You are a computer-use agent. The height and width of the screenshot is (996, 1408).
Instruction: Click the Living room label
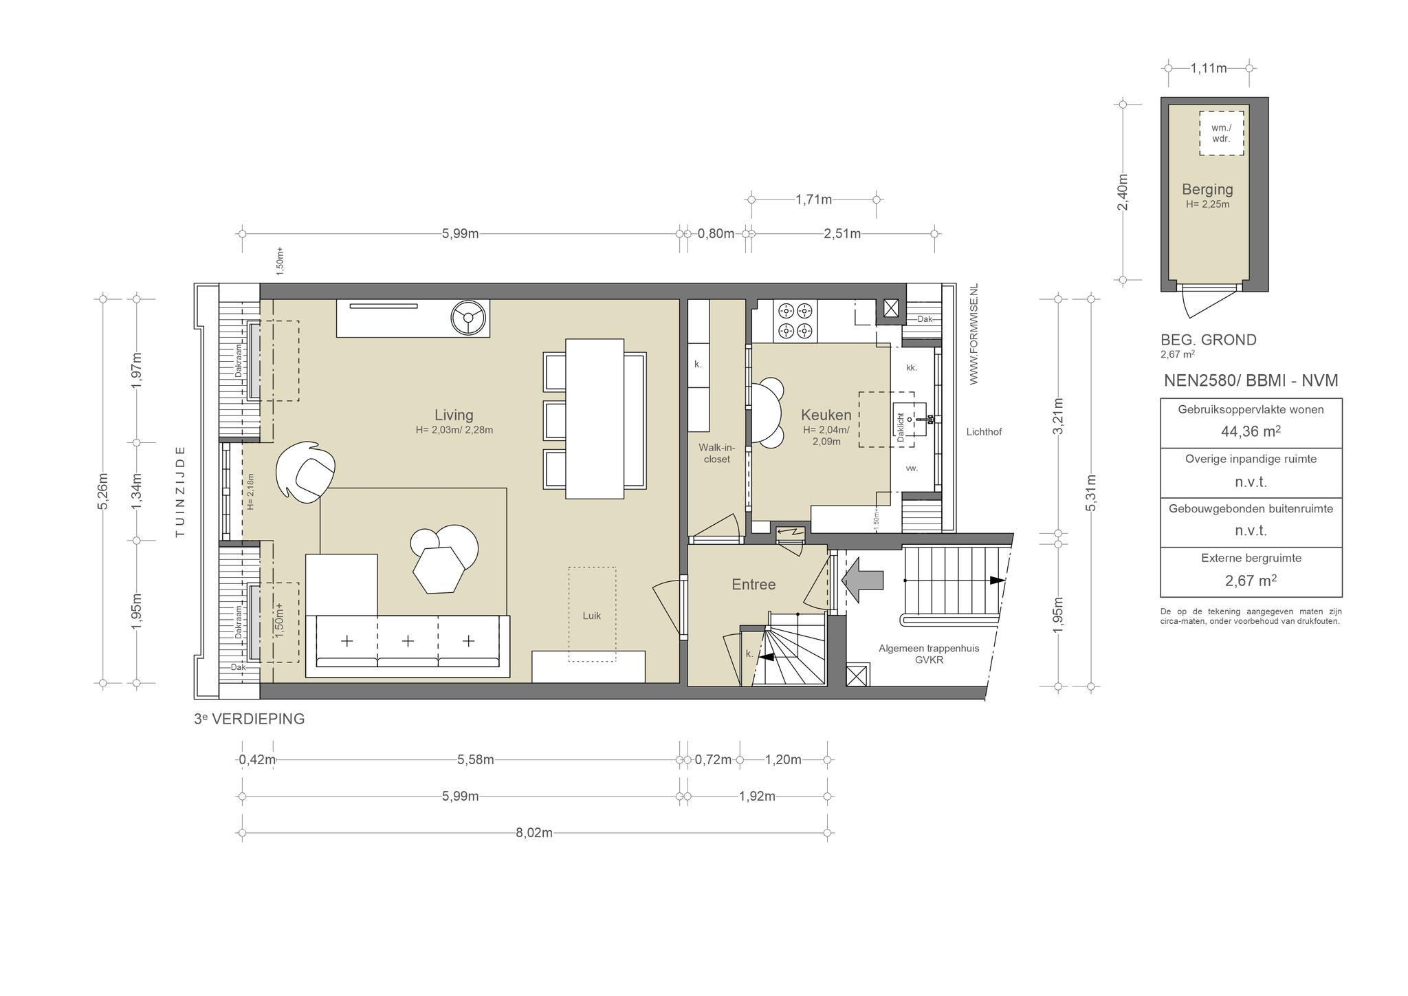(454, 415)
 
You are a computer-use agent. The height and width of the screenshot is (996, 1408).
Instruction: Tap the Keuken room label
(826, 415)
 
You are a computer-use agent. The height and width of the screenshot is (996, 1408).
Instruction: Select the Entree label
(753, 585)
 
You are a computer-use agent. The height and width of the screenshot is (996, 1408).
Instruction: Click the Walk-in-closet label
(717, 453)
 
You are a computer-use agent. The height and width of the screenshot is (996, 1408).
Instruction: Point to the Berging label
(1207, 189)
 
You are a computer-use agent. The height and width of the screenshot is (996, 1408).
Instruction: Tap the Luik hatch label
(592, 616)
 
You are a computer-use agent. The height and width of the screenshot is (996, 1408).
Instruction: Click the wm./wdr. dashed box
(1222, 133)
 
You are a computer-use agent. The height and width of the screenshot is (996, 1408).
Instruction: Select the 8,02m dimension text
(534, 833)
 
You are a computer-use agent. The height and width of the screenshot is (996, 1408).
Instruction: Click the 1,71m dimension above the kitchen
(814, 200)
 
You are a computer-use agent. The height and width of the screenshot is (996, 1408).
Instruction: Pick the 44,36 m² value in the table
(1251, 431)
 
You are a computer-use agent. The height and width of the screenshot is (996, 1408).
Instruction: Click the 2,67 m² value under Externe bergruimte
(1251, 581)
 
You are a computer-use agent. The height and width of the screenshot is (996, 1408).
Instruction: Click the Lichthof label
(984, 432)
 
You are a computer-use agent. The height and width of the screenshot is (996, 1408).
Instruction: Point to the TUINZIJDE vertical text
(180, 491)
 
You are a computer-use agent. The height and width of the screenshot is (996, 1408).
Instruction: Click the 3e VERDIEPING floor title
(249, 719)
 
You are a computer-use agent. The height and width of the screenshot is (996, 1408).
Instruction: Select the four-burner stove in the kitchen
(796, 321)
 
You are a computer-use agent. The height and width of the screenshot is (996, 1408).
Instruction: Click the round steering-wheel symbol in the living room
(469, 318)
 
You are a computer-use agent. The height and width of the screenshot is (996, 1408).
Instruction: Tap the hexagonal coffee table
(438, 570)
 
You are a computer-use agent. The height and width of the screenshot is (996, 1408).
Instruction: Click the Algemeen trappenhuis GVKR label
(929, 654)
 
